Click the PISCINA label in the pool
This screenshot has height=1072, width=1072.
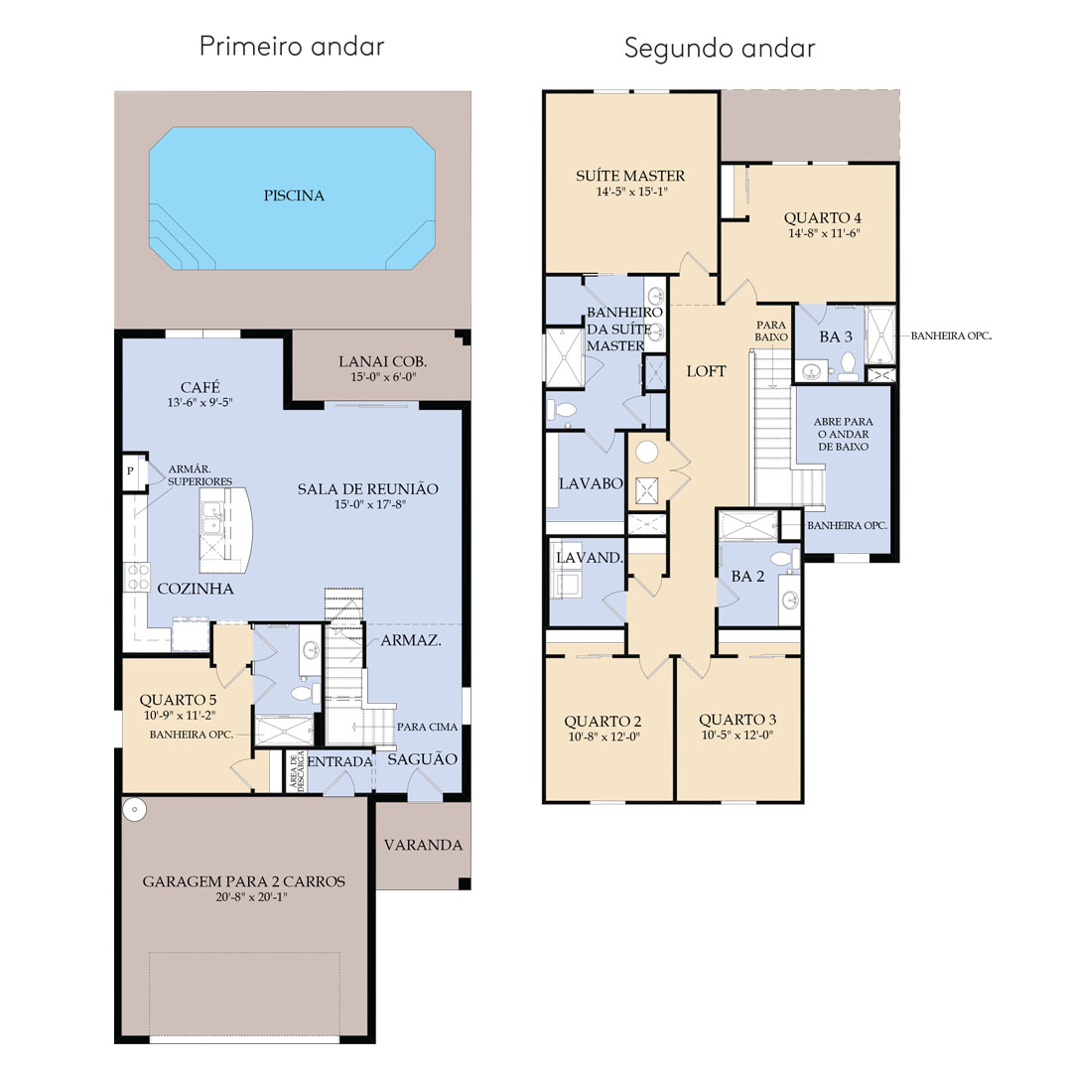(294, 196)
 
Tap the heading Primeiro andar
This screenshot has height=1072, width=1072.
(292, 47)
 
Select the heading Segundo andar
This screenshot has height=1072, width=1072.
(720, 49)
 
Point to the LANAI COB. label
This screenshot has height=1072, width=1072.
(383, 361)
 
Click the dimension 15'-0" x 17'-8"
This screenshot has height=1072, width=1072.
(370, 504)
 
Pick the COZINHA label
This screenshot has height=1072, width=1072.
(196, 589)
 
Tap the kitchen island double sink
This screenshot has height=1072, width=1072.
(212, 519)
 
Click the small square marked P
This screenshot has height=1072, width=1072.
(130, 471)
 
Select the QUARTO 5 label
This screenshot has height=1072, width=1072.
(178, 700)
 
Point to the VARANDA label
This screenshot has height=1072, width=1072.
(423, 845)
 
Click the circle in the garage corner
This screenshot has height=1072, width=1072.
(135, 810)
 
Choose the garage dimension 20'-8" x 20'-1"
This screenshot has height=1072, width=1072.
(251, 897)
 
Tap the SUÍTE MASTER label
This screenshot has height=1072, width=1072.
(630, 176)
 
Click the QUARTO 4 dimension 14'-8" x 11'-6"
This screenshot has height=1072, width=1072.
(824, 233)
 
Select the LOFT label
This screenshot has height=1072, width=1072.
(707, 371)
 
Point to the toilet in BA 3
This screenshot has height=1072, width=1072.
(849, 366)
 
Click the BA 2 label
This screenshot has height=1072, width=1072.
(748, 577)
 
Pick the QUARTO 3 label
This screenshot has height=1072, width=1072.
(737, 720)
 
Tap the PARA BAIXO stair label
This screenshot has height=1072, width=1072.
(771, 331)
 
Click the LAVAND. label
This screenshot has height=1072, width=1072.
(590, 558)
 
